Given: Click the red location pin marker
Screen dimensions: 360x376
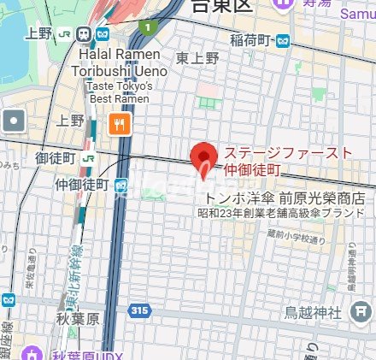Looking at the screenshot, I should click(x=203, y=159).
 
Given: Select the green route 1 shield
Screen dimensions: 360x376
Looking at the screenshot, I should click(x=148, y=27).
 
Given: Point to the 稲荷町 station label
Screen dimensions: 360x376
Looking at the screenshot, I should click(x=253, y=39).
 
